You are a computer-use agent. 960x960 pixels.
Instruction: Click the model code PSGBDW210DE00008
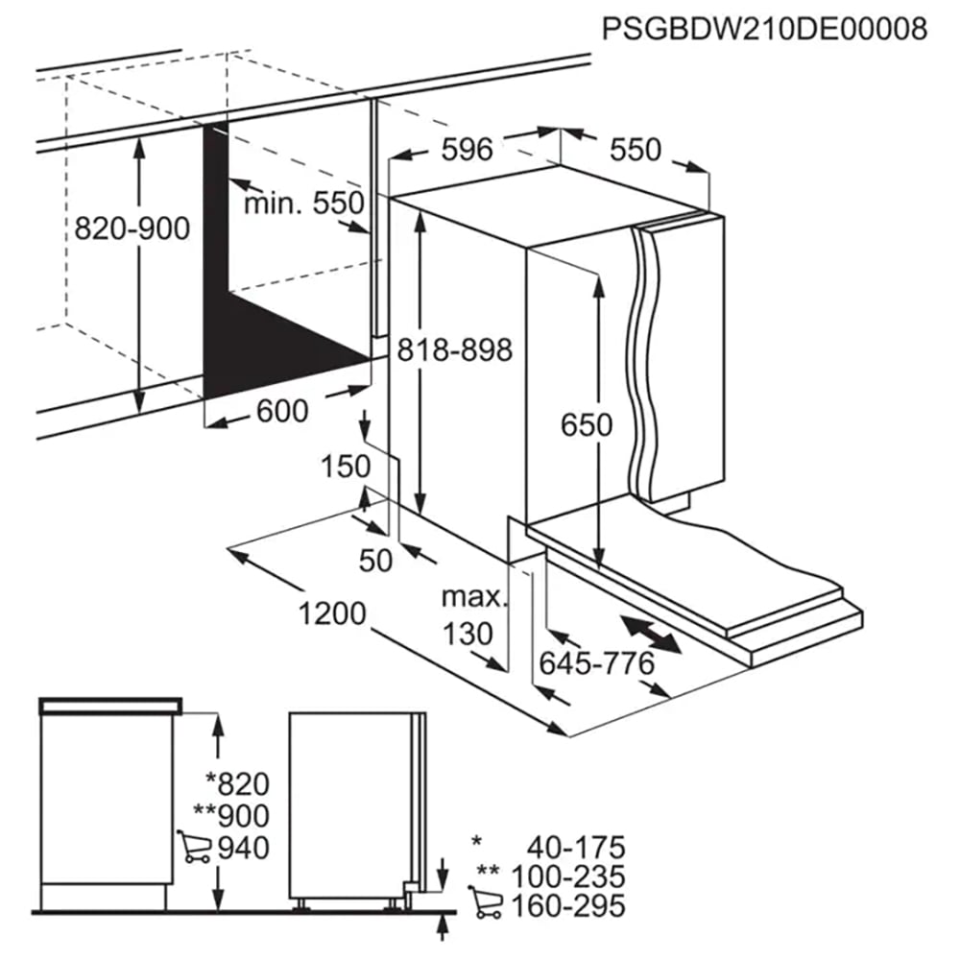(x=765, y=29)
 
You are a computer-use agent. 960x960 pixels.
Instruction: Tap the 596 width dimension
(x=468, y=149)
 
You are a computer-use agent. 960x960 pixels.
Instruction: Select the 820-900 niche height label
(x=132, y=228)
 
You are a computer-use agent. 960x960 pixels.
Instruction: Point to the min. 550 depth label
(x=303, y=203)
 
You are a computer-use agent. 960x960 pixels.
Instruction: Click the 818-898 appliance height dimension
(x=454, y=350)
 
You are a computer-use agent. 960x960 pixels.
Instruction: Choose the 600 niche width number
(x=282, y=411)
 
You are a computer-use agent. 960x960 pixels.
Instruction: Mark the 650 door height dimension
(x=587, y=424)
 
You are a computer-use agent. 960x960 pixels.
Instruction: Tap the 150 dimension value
(x=346, y=467)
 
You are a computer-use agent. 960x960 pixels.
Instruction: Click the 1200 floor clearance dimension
(x=332, y=612)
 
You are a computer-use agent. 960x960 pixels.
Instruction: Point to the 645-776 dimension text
(x=597, y=663)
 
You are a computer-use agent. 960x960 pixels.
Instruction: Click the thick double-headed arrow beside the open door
(x=650, y=635)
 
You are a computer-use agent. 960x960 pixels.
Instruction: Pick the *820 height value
(x=237, y=783)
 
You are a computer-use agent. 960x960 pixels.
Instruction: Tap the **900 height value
(x=231, y=815)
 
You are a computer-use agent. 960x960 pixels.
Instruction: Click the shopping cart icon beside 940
(x=194, y=847)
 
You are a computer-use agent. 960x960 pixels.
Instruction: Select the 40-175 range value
(x=576, y=848)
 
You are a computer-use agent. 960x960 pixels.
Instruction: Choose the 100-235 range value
(x=568, y=876)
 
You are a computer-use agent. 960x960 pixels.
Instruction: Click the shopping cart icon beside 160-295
(x=485, y=902)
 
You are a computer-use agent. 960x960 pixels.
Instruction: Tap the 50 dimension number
(x=375, y=561)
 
